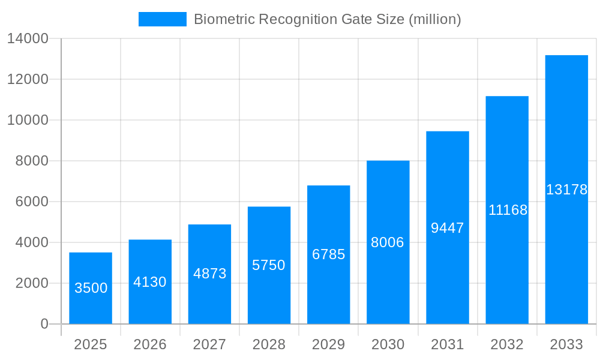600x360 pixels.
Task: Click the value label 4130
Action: tap(150, 282)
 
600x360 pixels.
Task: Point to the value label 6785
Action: tap(328, 254)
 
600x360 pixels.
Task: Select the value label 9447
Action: tap(448, 228)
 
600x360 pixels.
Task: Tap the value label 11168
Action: tap(508, 210)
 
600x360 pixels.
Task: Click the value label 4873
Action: tap(209, 274)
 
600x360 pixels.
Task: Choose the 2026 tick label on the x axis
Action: tap(150, 344)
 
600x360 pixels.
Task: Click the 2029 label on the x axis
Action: tap(328, 344)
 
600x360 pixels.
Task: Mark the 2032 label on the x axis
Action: tap(507, 344)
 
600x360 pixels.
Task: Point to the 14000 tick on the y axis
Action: tap(28, 39)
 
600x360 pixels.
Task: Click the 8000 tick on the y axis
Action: tap(32, 161)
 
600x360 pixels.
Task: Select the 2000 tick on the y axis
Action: tap(32, 283)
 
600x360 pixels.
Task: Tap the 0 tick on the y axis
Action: tap(44, 324)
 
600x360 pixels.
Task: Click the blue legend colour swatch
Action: tap(162, 19)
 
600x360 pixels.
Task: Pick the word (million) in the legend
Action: tap(434, 19)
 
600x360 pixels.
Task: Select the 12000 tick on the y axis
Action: tap(28, 79)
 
